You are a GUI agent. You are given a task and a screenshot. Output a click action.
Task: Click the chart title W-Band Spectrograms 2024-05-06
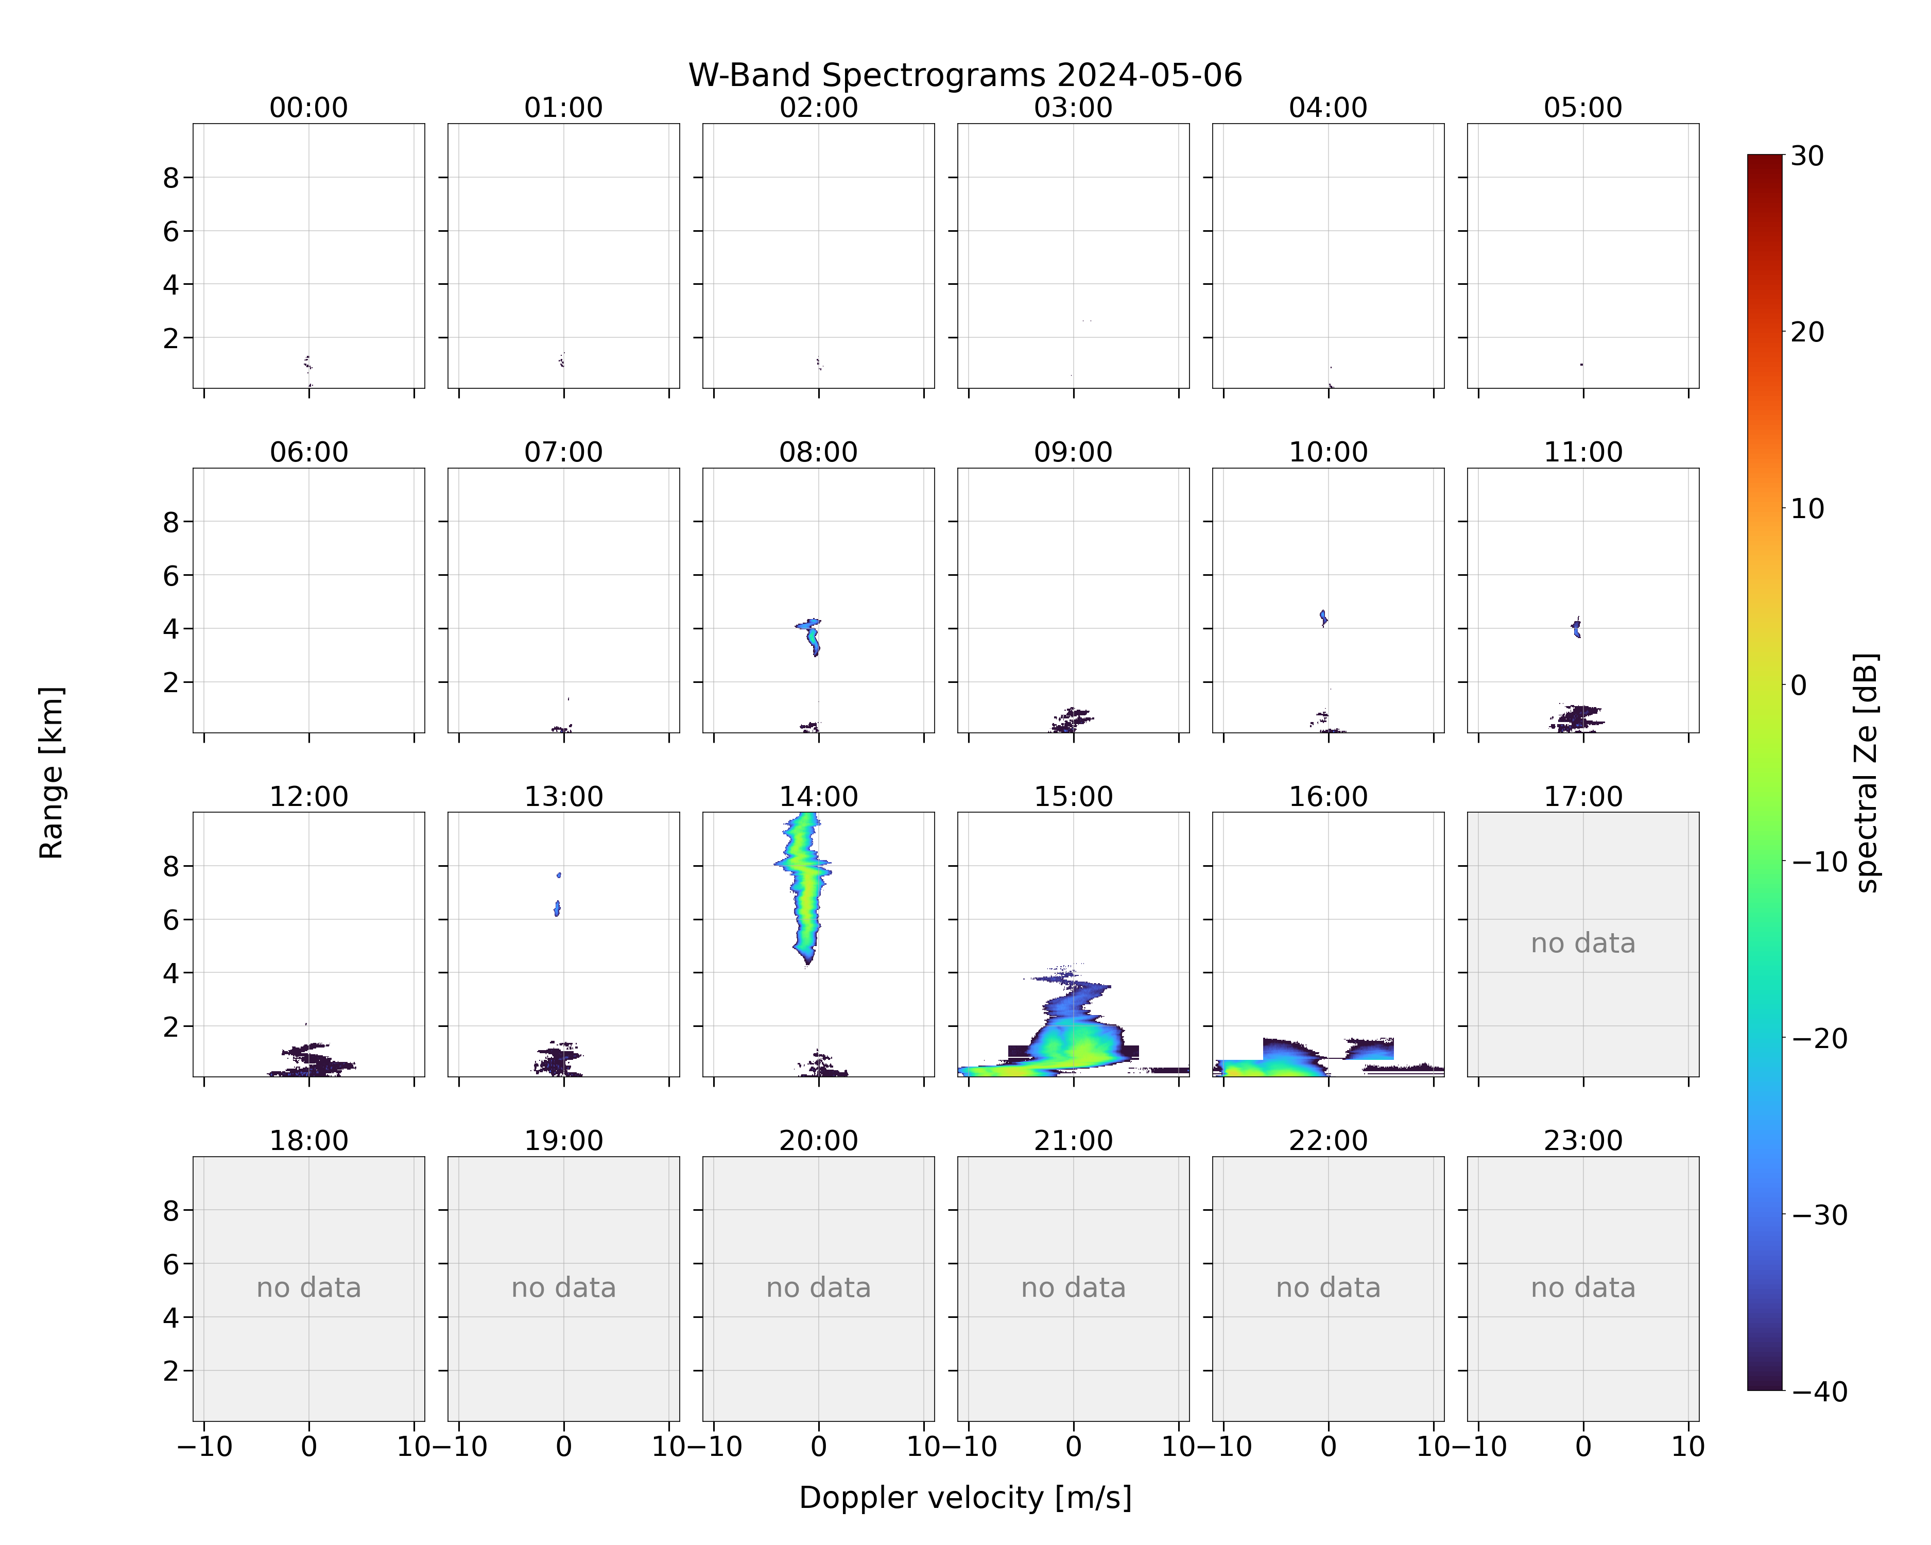[964, 75]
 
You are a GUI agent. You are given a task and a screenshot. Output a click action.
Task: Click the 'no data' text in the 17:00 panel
[1582, 943]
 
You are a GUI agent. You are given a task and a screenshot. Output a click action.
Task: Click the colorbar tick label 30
[1807, 156]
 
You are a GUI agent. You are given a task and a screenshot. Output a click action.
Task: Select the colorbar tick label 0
[1799, 685]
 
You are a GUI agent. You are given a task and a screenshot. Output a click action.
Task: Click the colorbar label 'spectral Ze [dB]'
[1867, 772]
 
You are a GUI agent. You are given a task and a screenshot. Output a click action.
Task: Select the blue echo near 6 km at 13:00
[557, 908]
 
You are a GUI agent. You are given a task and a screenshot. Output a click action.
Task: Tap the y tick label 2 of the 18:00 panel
[171, 1370]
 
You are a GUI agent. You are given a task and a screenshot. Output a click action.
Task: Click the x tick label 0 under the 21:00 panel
[1073, 1447]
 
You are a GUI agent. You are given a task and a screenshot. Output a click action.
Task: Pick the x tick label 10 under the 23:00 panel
[1688, 1447]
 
